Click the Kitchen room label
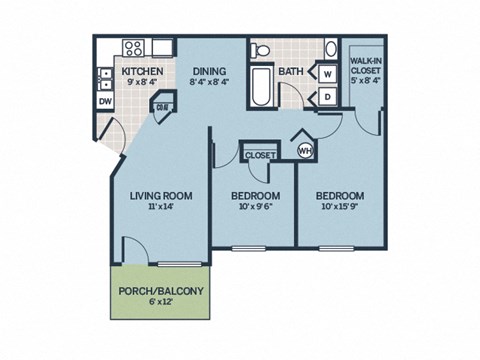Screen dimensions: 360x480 [x=143, y=71]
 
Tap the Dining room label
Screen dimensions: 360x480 [x=210, y=71]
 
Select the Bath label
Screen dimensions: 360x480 [x=292, y=71]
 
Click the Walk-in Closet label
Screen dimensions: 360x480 [x=362, y=66]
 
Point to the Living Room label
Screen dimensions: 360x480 [x=160, y=195]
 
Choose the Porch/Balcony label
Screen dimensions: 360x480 [x=161, y=291]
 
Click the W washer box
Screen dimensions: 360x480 [x=328, y=74]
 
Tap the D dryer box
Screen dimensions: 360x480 [x=328, y=97]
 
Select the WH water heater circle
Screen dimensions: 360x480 [x=307, y=150]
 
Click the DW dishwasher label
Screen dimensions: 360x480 [x=105, y=100]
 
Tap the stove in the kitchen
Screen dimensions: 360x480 [x=132, y=47]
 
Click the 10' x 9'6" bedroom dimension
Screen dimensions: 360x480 [x=255, y=208]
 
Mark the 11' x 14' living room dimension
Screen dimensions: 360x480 [x=160, y=208]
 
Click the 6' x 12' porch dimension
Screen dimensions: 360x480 [x=161, y=303]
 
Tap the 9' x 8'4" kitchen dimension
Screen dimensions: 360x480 [x=143, y=84]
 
